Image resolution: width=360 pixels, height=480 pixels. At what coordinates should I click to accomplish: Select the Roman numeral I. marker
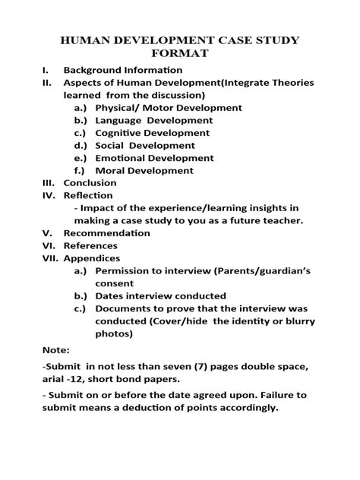(47, 69)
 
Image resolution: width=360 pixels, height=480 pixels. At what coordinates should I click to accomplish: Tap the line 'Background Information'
(123, 69)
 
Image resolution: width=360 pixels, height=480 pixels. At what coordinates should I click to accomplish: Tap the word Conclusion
(90, 183)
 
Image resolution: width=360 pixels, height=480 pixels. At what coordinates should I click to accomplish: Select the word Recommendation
(107, 233)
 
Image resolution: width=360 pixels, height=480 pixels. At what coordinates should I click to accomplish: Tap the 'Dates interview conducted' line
(160, 295)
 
